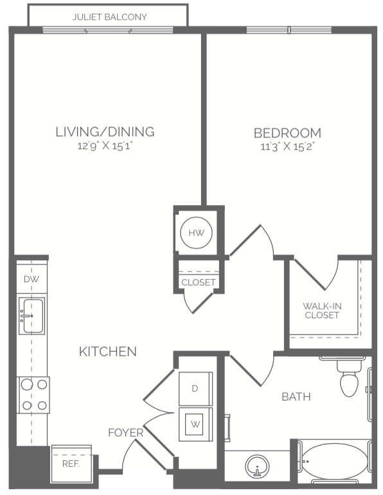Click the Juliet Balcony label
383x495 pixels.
pos(109,17)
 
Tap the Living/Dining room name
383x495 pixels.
pos(105,132)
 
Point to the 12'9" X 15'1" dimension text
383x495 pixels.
pos(105,146)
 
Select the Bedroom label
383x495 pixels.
pos(287,133)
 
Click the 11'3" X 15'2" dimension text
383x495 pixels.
pos(288,147)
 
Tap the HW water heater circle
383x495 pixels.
pos(196,233)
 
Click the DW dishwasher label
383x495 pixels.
pos(31,279)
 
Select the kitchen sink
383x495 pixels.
pos(31,316)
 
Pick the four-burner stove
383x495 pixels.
pos(34,395)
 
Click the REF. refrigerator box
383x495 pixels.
pos(71,464)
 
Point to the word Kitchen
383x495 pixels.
pos(107,352)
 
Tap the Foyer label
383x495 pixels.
pos(125,433)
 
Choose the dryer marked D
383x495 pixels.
pos(195,389)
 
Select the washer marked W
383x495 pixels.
pos(195,424)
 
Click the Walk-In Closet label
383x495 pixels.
pos(322,310)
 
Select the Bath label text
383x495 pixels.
pos(296,397)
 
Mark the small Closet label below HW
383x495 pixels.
pos(199,282)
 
